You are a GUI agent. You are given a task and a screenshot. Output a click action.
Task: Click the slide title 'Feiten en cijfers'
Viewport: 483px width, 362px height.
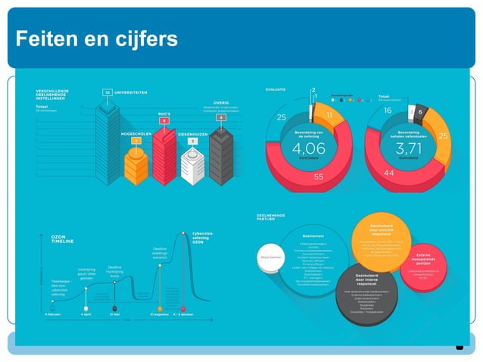point(96,39)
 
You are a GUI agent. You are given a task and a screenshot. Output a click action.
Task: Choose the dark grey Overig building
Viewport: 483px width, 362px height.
point(220,158)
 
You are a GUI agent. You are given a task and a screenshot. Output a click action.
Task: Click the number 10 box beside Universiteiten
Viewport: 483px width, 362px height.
point(108,92)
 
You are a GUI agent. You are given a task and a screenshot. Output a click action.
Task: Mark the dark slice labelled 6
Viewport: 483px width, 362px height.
point(421,112)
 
